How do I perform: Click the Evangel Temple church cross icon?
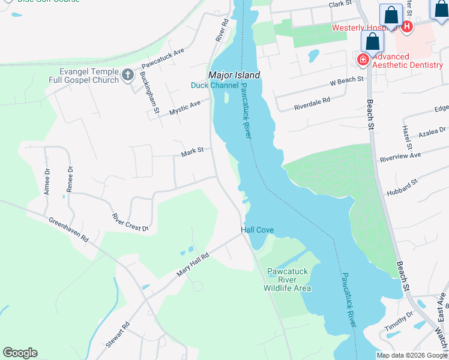[127, 75]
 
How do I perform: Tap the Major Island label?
[234, 75]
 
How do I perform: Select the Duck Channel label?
[214, 85]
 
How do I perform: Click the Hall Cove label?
[258, 230]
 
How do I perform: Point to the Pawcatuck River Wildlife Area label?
[288, 280]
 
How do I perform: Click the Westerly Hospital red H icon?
[407, 26]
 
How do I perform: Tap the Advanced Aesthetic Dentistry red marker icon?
[363, 59]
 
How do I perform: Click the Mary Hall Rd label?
[192, 265]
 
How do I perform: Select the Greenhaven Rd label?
[68, 229]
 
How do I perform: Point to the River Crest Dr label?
[130, 221]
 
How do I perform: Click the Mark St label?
[193, 154]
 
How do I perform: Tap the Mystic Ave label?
[184, 108]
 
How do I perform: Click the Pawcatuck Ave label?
[162, 57]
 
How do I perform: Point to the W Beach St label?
[347, 80]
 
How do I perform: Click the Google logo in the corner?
[20, 353]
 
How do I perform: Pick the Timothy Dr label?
[399, 322]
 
